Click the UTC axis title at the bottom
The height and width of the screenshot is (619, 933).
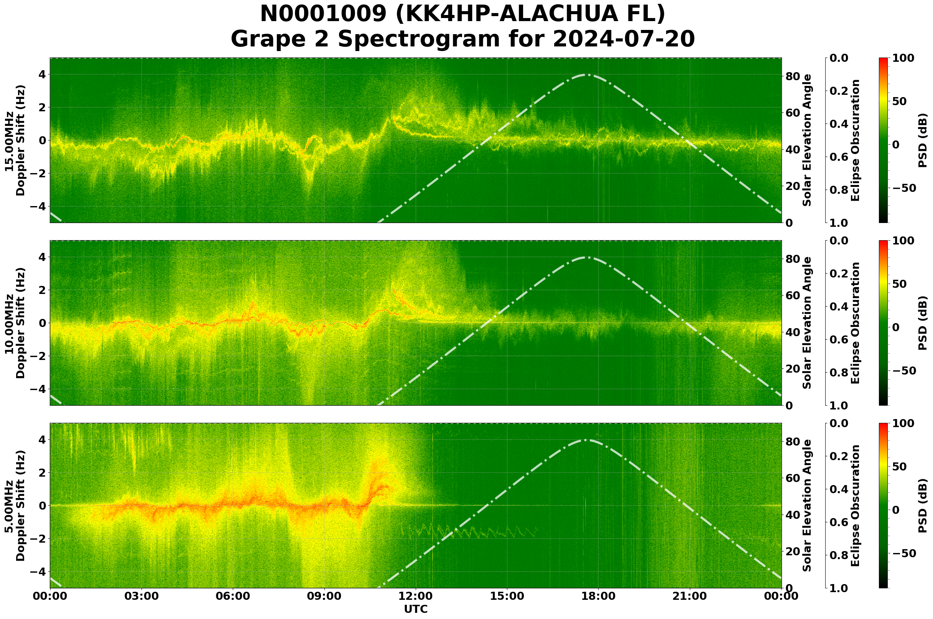(416, 609)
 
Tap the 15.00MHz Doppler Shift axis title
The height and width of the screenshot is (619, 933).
(15, 140)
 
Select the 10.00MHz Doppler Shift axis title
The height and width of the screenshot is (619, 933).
(15, 323)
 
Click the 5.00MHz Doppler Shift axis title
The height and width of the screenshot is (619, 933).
(15, 506)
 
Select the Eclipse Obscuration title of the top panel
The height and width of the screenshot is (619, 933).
(855, 140)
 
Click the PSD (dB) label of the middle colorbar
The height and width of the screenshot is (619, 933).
(922, 323)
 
